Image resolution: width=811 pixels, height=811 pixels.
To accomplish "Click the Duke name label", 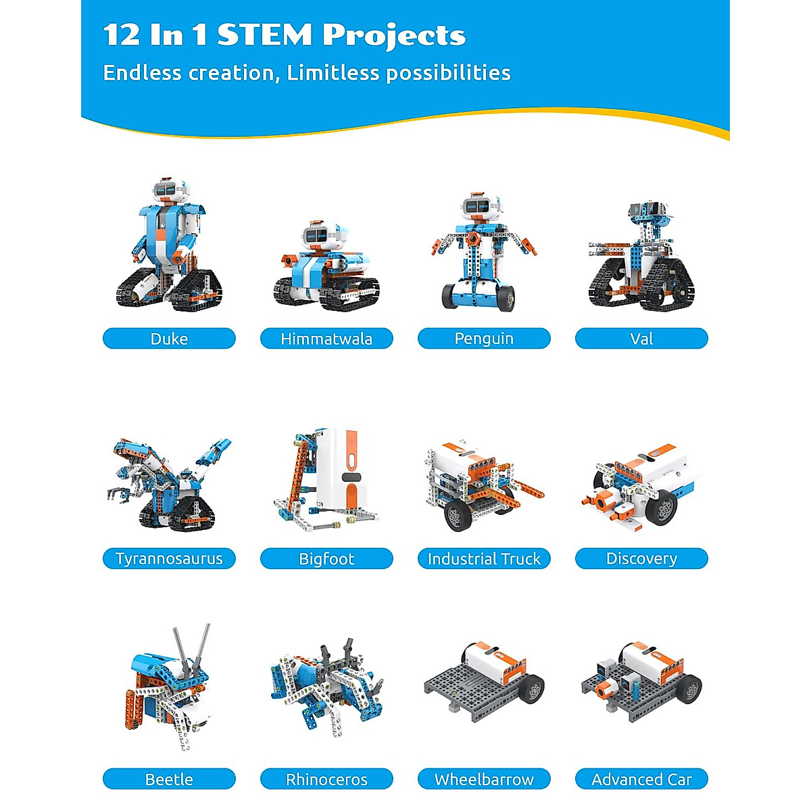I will (x=169, y=339).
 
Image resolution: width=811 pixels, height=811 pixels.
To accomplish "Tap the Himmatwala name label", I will (x=326, y=339).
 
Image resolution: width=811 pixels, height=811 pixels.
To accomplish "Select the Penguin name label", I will (x=484, y=339).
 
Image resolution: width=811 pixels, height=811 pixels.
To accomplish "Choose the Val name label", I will (x=641, y=339).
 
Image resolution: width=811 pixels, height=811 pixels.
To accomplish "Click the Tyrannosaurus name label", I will (x=169, y=559).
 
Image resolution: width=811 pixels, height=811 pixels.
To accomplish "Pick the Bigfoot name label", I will (x=326, y=559).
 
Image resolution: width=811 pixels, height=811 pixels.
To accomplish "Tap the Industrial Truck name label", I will (x=484, y=559).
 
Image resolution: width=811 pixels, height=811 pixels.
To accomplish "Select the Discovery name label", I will (x=641, y=559).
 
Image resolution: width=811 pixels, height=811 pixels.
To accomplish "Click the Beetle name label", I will (x=169, y=779).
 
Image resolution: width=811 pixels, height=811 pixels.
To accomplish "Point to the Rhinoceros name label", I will (x=326, y=779).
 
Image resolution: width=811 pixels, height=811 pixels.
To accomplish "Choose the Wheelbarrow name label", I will (x=484, y=779).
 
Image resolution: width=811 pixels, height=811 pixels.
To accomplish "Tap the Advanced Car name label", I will (x=641, y=779).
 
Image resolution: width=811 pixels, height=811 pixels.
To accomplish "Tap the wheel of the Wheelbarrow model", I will (x=532, y=690).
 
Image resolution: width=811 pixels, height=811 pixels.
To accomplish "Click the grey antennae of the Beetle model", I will (x=192, y=649).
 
